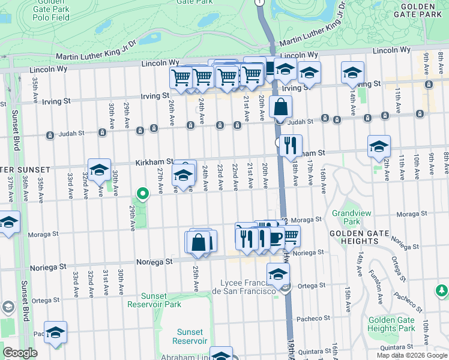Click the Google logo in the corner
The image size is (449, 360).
tap(20, 353)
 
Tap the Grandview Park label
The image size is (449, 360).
tap(346, 217)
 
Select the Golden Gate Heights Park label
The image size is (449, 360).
tap(391, 324)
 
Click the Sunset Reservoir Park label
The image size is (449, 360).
tap(161, 300)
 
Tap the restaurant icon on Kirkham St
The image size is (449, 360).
tap(291, 145)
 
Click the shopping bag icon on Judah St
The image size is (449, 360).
tap(280, 107)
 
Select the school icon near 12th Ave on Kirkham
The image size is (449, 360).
tap(379, 146)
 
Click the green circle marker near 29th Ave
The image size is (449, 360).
tap(142, 194)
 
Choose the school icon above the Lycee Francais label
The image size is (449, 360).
tap(278, 275)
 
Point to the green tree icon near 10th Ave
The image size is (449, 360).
tap(442, 291)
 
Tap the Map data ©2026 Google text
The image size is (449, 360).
tap(412, 355)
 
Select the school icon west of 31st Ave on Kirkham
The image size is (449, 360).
tap(99, 170)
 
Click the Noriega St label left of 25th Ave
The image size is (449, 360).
tap(154, 262)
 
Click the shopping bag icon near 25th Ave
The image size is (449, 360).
tap(199, 243)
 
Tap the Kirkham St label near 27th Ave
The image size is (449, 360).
tap(155, 162)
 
